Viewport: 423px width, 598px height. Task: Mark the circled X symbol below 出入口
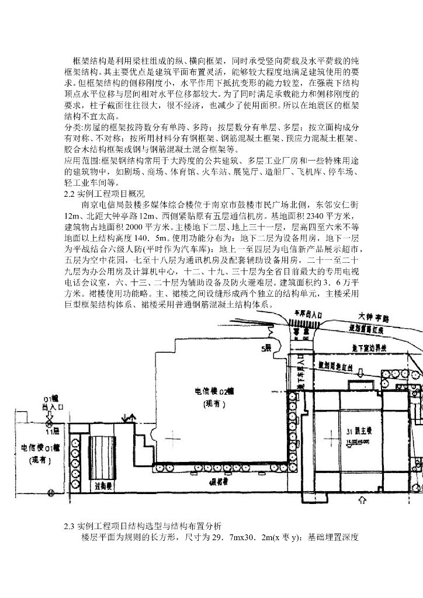tap(49, 405)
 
